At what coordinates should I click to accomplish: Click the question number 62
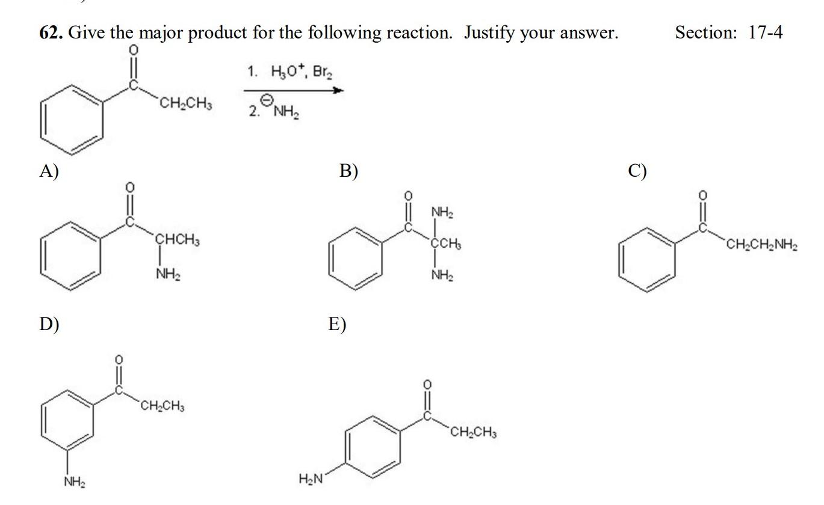tap(52, 32)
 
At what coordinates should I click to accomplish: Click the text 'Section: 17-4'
tap(729, 32)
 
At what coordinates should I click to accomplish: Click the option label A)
tap(49, 171)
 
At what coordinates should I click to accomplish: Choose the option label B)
tap(348, 171)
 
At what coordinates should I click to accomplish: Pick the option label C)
tap(637, 171)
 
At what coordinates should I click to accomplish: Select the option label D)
tap(49, 324)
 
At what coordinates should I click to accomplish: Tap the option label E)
tap(337, 324)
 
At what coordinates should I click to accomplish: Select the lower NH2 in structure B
tap(442, 276)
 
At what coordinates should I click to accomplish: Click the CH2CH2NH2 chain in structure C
tap(762, 245)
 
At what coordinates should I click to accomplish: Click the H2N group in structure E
tap(311, 479)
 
